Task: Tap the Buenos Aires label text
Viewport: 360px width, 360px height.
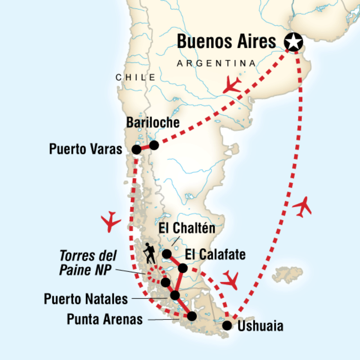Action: coord(226,41)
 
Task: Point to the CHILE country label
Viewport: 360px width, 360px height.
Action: coord(135,77)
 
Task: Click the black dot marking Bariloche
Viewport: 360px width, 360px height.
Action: coord(154,145)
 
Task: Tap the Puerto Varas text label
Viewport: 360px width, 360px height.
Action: coord(85,149)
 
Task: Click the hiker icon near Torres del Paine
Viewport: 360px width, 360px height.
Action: coord(148,254)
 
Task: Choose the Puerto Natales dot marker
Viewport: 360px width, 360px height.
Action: coord(175,296)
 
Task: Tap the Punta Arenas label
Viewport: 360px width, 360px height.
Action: coord(104,320)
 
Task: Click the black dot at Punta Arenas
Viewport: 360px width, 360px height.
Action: coord(192,316)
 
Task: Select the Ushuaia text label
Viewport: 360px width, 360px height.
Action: coord(261,326)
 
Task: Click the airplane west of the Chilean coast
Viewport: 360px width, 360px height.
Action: coord(111,221)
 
